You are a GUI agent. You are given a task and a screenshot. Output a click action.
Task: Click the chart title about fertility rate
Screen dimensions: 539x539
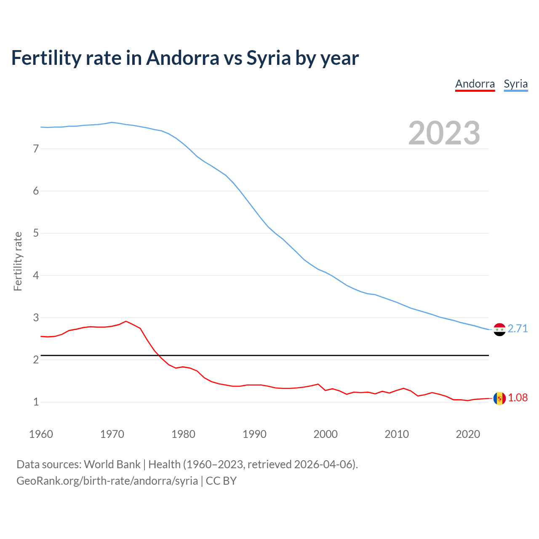(185, 58)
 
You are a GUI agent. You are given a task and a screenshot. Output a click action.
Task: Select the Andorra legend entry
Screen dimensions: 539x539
(475, 84)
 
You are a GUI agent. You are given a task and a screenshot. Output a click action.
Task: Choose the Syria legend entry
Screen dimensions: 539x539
(515, 84)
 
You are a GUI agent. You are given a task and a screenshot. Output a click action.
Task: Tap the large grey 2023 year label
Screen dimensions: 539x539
(444, 133)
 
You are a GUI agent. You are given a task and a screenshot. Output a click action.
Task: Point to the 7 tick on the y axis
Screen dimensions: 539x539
(36, 149)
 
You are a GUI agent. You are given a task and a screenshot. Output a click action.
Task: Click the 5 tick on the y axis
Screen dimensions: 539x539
(36, 233)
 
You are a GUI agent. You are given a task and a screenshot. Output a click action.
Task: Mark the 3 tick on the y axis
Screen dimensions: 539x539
(36, 318)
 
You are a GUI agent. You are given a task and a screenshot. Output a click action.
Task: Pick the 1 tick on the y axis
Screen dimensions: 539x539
(36, 402)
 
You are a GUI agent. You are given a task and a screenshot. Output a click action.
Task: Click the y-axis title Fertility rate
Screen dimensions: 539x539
(18, 261)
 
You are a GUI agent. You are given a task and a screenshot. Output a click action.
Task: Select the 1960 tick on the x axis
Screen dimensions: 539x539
(41, 434)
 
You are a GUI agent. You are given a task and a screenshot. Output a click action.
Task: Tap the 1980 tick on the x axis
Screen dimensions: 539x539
(183, 434)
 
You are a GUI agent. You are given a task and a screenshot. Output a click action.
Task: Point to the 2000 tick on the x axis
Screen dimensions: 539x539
(326, 434)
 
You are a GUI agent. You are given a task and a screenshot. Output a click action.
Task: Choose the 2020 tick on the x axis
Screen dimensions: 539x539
(468, 434)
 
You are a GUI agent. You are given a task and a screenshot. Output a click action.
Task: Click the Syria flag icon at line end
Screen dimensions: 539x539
(499, 329)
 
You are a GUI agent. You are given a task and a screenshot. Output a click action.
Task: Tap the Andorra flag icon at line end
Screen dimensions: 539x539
(499, 398)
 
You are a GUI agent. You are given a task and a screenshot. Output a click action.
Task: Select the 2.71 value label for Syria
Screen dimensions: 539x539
(518, 329)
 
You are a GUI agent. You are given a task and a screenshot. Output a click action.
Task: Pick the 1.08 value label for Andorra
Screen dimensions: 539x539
(518, 398)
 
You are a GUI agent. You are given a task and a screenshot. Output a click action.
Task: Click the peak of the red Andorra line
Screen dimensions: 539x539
(126, 321)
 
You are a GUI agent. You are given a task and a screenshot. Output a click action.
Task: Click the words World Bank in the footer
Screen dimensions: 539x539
(112, 464)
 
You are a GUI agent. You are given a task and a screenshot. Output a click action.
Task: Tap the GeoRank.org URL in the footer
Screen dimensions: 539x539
(107, 481)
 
